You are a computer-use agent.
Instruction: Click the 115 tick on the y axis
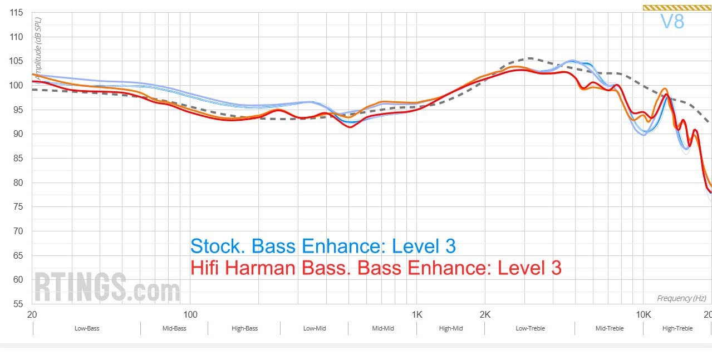pos(16,13)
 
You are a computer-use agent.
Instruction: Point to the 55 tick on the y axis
pos(16,304)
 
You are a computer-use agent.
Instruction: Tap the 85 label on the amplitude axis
pos(16,159)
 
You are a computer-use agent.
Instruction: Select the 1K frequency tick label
pos(417,314)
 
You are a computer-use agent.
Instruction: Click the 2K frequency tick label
pos(485,314)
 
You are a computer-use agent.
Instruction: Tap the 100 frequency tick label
pos(190,314)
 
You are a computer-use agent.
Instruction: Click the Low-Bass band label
pos(87,328)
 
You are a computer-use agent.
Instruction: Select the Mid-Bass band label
pos(174,328)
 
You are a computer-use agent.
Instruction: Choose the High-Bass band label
pos(244,328)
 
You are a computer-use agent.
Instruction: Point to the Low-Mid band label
pos(315,328)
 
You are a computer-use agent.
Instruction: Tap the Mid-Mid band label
pos(383,328)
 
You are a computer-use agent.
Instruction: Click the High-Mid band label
pos(451,328)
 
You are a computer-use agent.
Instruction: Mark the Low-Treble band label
pos(530,328)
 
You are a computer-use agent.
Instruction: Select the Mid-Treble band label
pos(610,328)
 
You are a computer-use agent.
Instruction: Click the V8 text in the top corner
pos(672,21)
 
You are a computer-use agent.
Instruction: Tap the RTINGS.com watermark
pos(107,288)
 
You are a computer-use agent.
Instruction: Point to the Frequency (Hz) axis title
pos(681,299)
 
